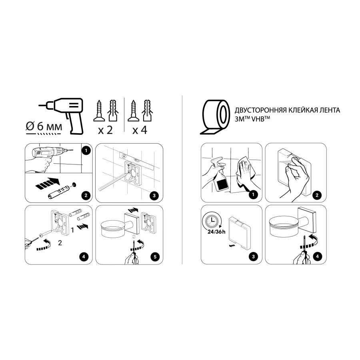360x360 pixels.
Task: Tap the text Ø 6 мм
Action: point(44,127)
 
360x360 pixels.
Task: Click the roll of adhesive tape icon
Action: point(215,116)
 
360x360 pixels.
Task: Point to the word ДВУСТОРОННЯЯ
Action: point(258,110)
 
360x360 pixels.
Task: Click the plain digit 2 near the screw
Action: point(60,242)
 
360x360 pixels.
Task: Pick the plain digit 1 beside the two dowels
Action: point(72,230)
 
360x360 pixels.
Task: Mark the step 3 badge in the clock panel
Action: point(252,257)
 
